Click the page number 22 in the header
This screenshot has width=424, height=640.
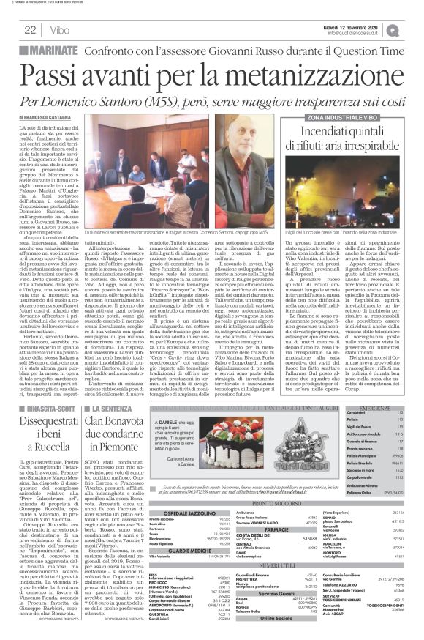click(31, 30)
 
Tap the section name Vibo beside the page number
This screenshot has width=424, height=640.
click(60, 30)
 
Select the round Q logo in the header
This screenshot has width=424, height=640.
click(413, 29)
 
